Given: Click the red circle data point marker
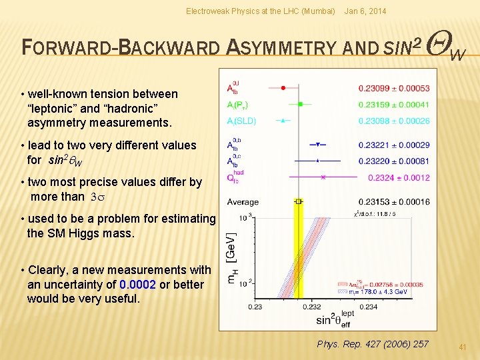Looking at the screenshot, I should (x=283, y=87).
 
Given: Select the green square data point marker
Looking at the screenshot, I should (x=301, y=104).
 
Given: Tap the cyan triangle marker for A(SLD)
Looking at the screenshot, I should (x=283, y=121).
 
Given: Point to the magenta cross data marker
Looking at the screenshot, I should (x=323, y=177).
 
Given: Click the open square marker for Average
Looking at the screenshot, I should (x=299, y=201).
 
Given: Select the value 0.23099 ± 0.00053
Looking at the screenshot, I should (x=393, y=88).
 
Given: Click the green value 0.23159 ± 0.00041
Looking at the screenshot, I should (x=393, y=105).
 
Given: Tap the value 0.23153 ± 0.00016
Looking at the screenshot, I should (x=393, y=202).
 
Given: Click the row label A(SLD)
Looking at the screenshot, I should (x=241, y=121).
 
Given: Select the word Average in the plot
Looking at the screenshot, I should (x=243, y=202).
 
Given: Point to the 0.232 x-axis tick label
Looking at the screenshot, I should (x=312, y=307).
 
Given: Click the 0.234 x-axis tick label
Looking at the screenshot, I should (x=369, y=307).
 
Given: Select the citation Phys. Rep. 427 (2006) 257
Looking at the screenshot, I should (x=373, y=344).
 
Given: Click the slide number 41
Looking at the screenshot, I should (x=463, y=347).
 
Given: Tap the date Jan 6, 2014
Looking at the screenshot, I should (x=364, y=11).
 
